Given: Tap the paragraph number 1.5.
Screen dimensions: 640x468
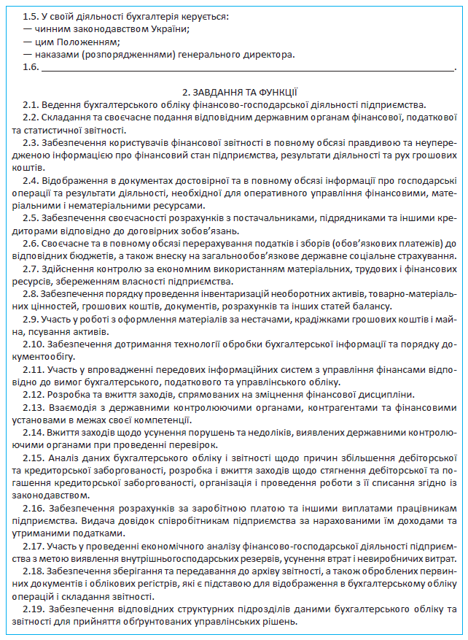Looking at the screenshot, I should click(31, 15).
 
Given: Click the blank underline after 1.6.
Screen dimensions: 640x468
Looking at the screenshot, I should click(248, 68).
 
